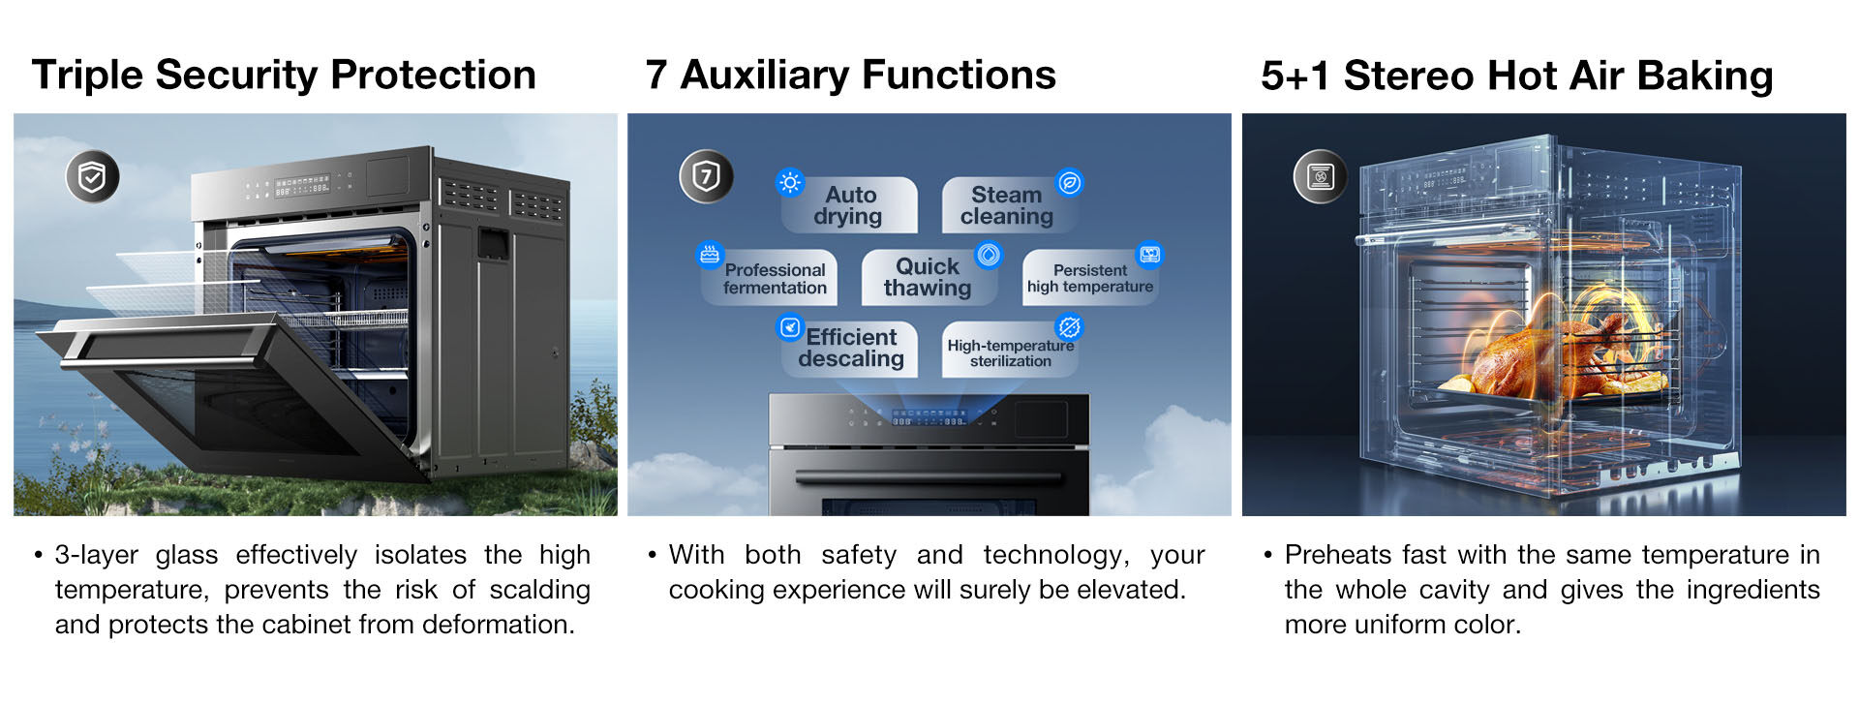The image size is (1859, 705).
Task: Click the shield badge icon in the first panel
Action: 92,176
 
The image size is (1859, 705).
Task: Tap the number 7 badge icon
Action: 706,176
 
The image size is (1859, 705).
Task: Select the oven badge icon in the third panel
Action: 1321,176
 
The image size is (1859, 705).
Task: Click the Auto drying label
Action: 849,205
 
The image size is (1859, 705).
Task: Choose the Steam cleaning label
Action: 1007,205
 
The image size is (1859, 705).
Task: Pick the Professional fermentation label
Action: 775,278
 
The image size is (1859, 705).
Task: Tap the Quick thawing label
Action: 928,278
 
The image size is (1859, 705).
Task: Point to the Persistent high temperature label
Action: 1090,278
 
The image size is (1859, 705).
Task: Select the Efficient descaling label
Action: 850,349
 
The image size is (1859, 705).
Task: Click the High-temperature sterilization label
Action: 1010,352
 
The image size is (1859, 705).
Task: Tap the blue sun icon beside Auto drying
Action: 790,182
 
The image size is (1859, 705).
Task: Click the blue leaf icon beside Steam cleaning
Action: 1069,182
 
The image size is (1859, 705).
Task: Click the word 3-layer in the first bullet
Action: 96,555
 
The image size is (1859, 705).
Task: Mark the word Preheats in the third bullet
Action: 1339,555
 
